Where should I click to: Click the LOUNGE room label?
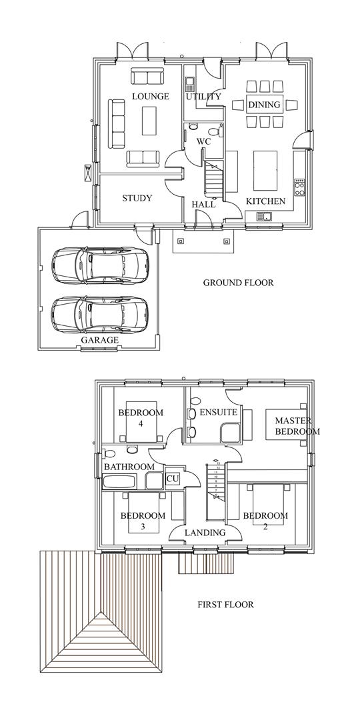[150, 97]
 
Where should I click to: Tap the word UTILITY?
[203, 97]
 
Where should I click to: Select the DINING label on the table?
[265, 105]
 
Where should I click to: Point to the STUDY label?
[137, 198]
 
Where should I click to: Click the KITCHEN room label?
[266, 201]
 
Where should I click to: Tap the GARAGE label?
[99, 340]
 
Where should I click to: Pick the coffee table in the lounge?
[151, 124]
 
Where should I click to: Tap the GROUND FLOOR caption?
[238, 283]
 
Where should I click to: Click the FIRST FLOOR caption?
[225, 605]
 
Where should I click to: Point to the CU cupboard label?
[173, 479]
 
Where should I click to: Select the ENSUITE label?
[219, 413]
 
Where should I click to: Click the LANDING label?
[205, 533]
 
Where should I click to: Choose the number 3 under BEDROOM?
[142, 527]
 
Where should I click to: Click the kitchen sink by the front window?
[264, 215]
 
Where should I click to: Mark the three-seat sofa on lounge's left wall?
[117, 124]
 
